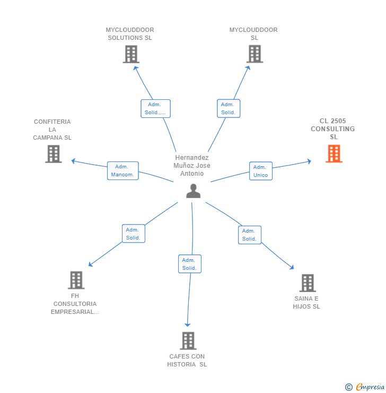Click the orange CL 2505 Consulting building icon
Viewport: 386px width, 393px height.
point(334,153)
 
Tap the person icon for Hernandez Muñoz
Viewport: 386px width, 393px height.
point(194,191)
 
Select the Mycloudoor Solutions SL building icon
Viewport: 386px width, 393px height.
point(130,54)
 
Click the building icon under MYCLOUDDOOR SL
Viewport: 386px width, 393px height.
point(255,54)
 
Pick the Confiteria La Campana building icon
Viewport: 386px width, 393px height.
point(54,153)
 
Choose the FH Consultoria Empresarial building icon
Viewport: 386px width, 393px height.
point(76,280)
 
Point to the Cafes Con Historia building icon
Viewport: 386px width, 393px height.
point(188,340)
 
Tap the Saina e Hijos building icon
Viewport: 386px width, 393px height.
point(307,283)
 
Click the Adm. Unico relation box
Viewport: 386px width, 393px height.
point(260,171)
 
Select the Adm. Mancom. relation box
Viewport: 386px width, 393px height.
point(122,170)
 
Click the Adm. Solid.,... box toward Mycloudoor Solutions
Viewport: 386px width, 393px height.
point(155,108)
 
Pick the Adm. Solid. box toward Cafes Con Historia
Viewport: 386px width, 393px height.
point(189,264)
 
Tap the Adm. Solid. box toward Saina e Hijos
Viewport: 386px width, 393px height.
point(249,235)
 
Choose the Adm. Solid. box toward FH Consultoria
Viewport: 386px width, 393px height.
point(133,234)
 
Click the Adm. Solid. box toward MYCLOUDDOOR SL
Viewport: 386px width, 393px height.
point(229,108)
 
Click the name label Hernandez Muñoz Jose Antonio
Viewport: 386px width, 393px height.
point(192,165)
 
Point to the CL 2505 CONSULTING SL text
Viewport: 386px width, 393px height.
point(332,129)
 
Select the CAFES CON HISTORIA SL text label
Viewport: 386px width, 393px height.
point(187,360)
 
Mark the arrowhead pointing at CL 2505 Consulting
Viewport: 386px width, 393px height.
point(309,161)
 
